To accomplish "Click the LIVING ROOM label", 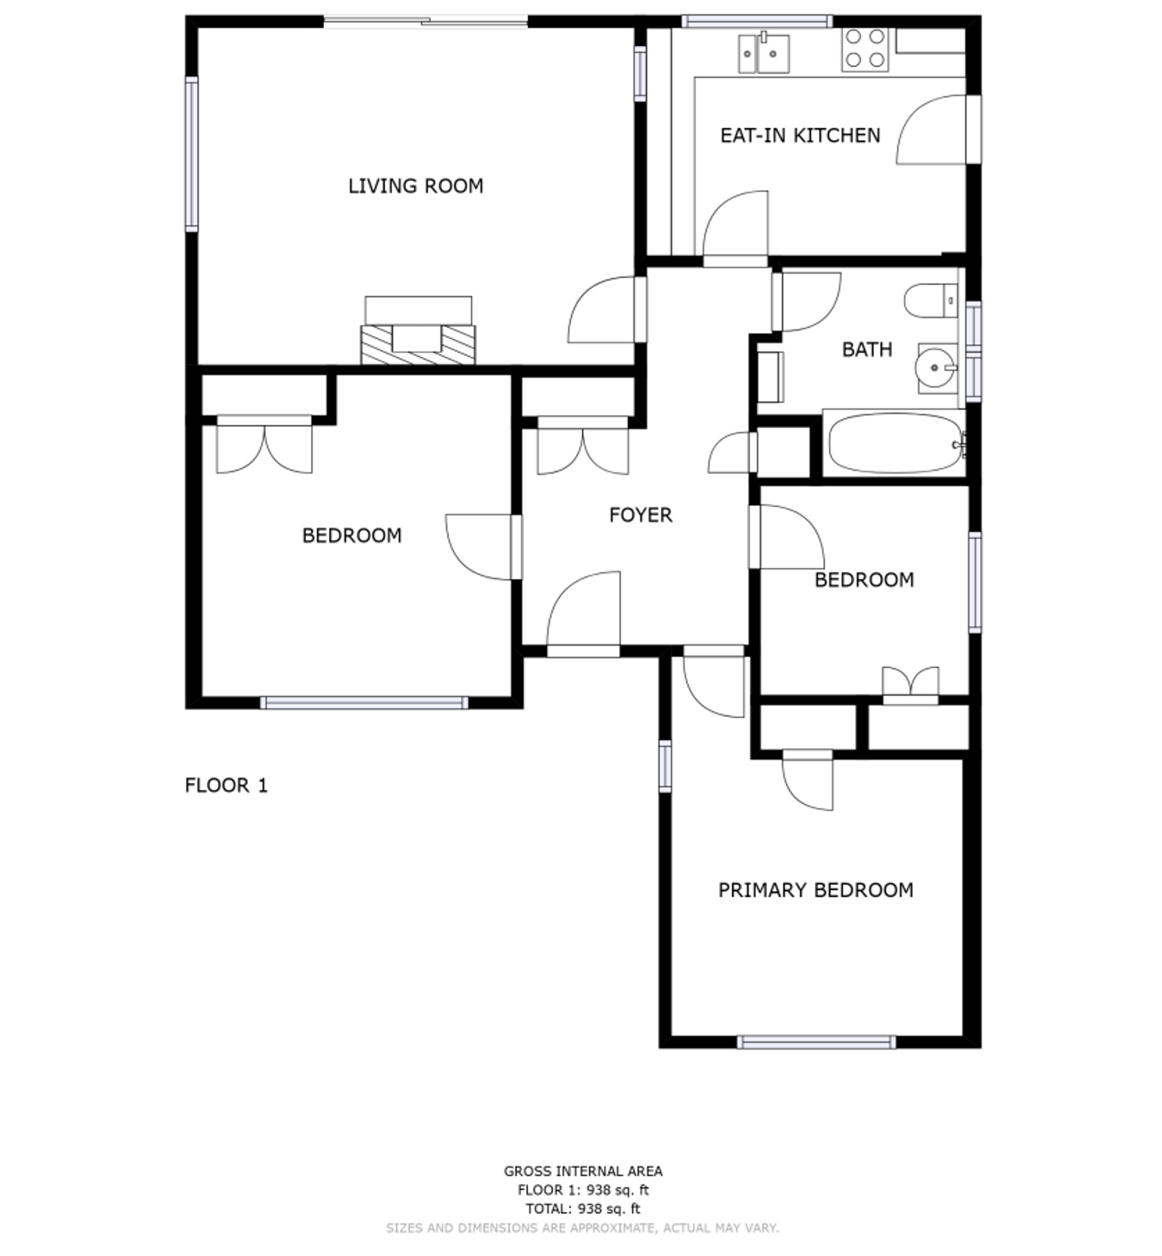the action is click(x=415, y=186).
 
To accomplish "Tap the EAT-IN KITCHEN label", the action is click(x=800, y=135).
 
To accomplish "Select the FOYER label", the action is click(x=641, y=515).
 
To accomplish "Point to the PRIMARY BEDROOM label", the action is click(x=816, y=890).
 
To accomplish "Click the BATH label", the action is click(x=867, y=350).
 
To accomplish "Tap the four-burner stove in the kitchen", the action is click(x=865, y=49).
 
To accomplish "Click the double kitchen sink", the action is click(x=763, y=53).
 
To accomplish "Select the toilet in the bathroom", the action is click(x=931, y=300).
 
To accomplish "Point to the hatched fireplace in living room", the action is click(x=418, y=344).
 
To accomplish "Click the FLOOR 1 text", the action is click(x=227, y=785).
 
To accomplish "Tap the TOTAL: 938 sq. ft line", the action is click(x=583, y=1208).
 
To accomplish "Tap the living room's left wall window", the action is click(x=192, y=154).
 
